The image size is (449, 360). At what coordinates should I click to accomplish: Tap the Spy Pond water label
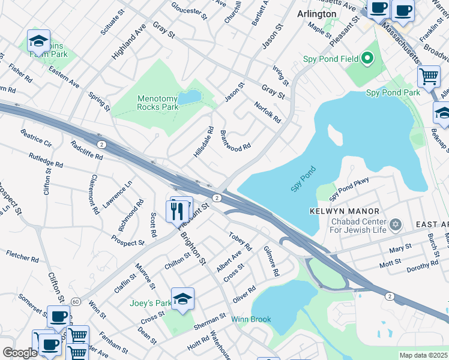pyautogui.click(x=303, y=179)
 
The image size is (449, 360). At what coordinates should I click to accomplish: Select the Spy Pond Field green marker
pyautogui.click(x=367, y=58)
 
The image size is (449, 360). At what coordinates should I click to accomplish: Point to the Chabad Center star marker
pyautogui.click(x=395, y=224)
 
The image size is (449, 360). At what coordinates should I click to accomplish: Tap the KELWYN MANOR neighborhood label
pyautogui.click(x=345, y=211)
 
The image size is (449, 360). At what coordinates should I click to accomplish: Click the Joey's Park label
pyautogui.click(x=150, y=303)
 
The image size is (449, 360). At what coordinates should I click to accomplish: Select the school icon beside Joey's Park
pyautogui.click(x=182, y=298)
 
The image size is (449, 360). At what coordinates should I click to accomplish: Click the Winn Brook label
pyautogui.click(x=252, y=319)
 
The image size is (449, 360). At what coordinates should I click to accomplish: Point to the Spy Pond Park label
pyautogui.click(x=393, y=93)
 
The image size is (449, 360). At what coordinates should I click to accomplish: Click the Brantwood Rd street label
pyautogui.click(x=235, y=140)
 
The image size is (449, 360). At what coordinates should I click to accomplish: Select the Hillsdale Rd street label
pyautogui.click(x=204, y=142)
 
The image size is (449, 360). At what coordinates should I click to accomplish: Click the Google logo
pyautogui.click(x=19, y=353)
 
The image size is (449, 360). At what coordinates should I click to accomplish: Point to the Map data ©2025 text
pyautogui.click(x=423, y=355)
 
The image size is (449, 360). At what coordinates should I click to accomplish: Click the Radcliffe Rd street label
pyautogui.click(x=86, y=151)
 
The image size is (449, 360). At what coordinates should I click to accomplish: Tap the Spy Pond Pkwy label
pyautogui.click(x=357, y=188)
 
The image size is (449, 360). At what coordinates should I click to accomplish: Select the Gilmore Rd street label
pyautogui.click(x=272, y=263)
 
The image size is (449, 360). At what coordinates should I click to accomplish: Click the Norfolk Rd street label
pyautogui.click(x=268, y=112)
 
